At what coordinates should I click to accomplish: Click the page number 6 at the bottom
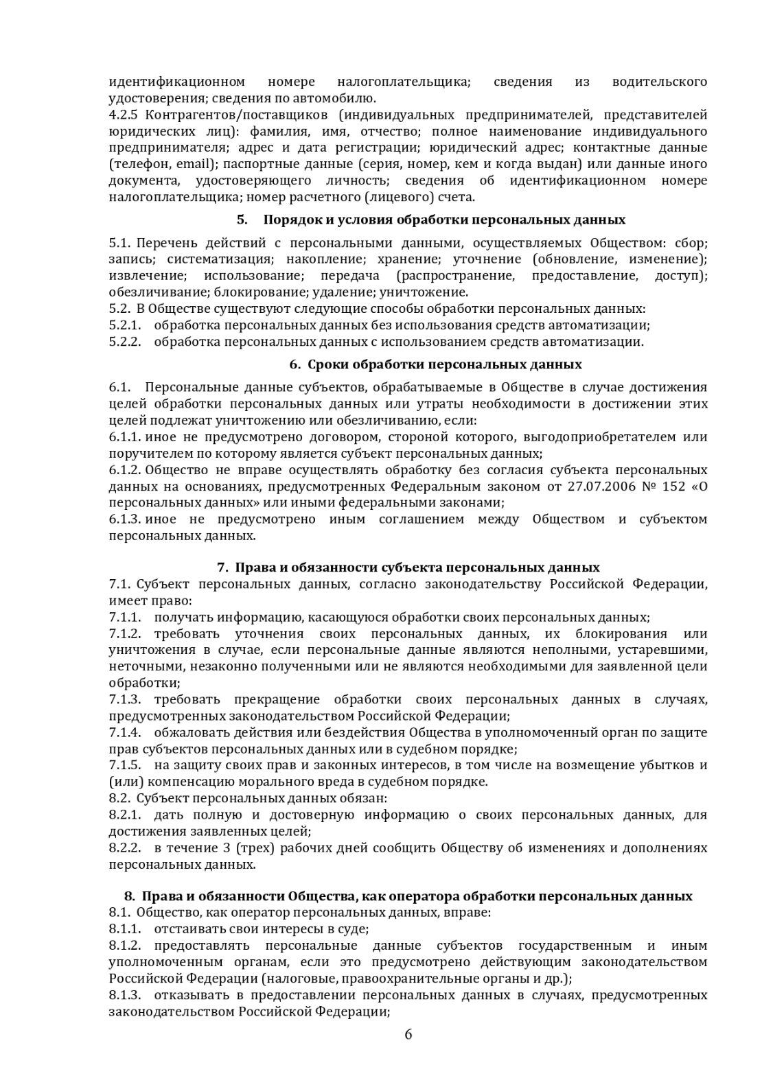click(408, 1035)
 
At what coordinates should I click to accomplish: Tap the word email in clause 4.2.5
click(196, 164)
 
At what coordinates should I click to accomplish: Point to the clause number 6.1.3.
click(124, 519)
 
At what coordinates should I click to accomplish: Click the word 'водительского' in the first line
click(659, 82)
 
